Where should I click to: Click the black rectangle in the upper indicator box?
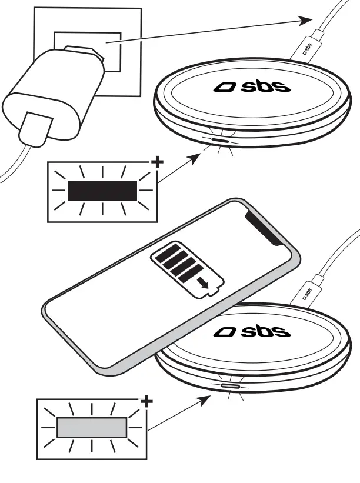coord(102,191)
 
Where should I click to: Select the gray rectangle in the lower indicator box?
coord(92,427)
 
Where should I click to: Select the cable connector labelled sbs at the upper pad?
coord(307,46)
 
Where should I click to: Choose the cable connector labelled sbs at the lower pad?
coord(308,291)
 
